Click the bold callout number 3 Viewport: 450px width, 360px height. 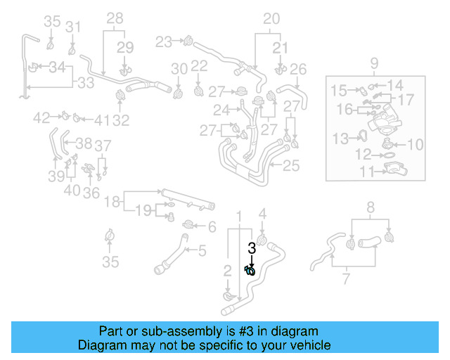tap(252, 247)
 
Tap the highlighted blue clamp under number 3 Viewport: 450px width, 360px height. tap(250, 270)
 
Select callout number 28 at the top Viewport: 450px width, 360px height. tap(114, 18)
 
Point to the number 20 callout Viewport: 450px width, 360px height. tap(271, 18)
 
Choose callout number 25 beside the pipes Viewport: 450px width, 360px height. tap(291, 167)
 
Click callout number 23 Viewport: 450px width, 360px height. tap(163, 42)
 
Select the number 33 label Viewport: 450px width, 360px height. tap(85, 83)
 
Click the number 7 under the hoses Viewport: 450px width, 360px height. tap(346, 281)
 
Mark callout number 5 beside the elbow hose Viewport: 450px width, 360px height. tap(202, 250)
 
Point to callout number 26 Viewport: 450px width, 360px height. tap(298, 69)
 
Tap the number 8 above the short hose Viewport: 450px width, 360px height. tap(371, 207)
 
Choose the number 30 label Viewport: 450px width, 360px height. tap(179, 68)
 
